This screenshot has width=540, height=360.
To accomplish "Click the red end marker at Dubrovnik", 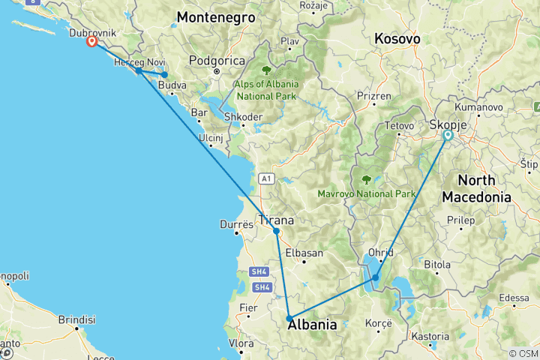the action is coord(91,42).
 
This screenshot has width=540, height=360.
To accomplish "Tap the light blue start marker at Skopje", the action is coord(448,136).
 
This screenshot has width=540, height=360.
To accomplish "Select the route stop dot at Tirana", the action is coord(277,232).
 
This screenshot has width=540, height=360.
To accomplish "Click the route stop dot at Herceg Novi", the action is coord(139,70).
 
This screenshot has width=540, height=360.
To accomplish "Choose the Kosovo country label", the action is coord(397,38).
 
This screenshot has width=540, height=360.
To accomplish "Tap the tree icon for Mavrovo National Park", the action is coord(367,179).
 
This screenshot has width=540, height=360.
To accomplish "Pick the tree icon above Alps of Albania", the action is coord(266,70).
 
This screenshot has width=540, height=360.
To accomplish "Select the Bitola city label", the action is coord(437,265).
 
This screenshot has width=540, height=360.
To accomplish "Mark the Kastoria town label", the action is coord(430,337).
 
